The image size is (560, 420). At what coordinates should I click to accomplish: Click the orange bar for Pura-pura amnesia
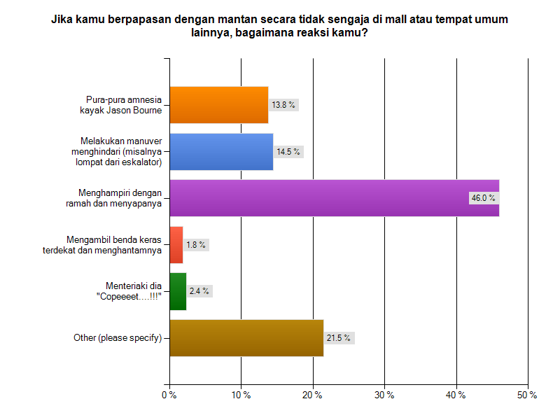(219, 105)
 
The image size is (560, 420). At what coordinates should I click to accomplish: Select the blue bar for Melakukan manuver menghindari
(221, 151)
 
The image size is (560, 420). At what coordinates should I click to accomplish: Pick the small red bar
(176, 245)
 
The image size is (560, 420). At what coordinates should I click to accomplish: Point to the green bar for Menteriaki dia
(178, 291)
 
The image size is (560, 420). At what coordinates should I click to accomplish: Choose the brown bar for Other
(246, 338)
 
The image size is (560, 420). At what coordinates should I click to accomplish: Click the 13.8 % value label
(283, 105)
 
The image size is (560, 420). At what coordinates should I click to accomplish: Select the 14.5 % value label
(288, 151)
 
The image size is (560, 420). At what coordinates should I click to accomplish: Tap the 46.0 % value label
(483, 198)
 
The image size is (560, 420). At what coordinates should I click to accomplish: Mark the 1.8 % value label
(196, 245)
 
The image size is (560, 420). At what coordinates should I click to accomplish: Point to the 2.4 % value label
(199, 291)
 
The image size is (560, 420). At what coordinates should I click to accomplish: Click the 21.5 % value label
(339, 338)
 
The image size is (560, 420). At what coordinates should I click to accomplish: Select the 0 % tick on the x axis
(169, 395)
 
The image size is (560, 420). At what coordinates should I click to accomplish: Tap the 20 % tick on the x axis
(313, 395)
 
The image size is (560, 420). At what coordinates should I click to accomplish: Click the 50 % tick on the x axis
(527, 395)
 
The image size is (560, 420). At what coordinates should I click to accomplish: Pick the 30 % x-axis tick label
(384, 395)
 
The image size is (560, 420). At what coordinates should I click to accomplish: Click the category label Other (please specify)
(118, 338)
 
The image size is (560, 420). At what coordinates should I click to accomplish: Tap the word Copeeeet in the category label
(122, 296)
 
